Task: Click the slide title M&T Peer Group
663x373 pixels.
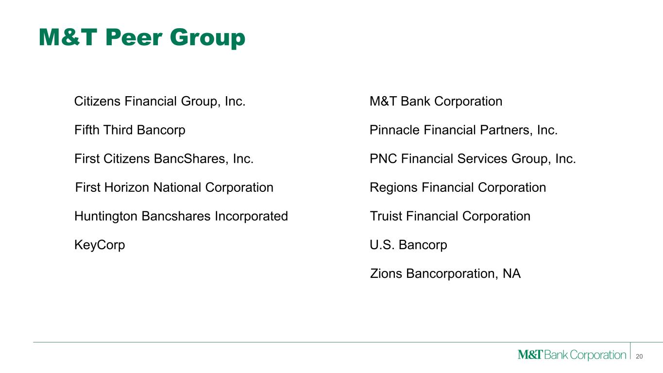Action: (x=142, y=38)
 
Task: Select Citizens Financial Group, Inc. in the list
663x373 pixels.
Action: (x=160, y=102)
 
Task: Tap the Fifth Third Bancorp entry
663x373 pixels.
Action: (x=130, y=130)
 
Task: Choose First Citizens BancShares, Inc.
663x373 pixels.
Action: (x=164, y=159)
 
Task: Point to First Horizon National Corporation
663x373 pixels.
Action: (x=174, y=187)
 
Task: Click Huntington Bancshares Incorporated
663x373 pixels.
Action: (x=181, y=217)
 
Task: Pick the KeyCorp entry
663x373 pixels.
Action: (x=100, y=245)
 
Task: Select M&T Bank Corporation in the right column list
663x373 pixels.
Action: (x=436, y=101)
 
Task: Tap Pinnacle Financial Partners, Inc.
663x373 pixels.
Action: (x=463, y=130)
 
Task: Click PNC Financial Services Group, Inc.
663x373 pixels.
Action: (x=473, y=159)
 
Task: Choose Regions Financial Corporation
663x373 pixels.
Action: (x=458, y=187)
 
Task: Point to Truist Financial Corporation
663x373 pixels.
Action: (x=450, y=216)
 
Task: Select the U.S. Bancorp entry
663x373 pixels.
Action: (x=408, y=245)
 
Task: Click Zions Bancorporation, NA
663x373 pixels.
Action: (x=445, y=274)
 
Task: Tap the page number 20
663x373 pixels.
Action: (x=639, y=356)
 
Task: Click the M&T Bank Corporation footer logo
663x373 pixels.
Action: (x=572, y=355)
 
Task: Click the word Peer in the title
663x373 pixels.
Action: (x=134, y=38)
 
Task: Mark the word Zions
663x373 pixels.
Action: (x=386, y=274)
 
